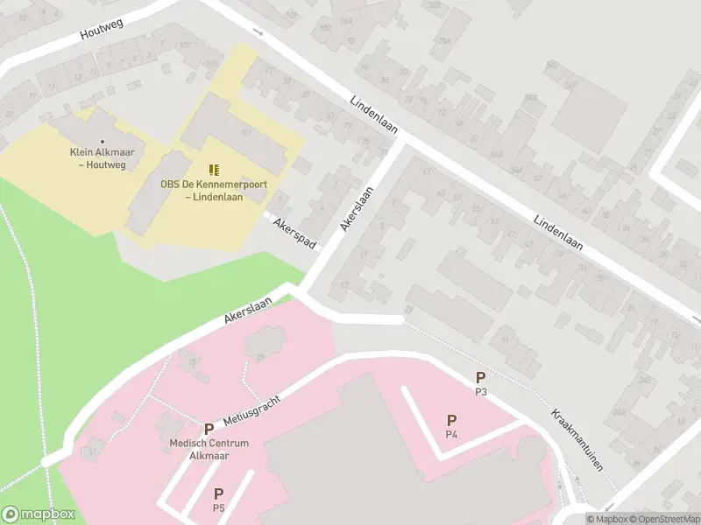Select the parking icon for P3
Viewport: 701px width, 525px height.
(x=480, y=377)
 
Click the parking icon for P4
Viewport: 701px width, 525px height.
(x=451, y=421)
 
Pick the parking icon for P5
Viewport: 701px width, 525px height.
(x=218, y=493)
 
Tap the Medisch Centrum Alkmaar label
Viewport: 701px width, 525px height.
(x=209, y=449)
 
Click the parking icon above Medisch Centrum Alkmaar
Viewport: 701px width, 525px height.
(x=209, y=429)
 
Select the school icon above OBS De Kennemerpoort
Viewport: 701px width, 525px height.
(x=214, y=169)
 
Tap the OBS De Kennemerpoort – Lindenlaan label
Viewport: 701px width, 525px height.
(x=214, y=191)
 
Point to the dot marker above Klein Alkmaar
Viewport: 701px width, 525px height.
(x=103, y=141)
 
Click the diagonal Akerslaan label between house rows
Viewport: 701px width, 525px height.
(x=358, y=210)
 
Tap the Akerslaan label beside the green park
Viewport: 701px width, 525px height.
(x=248, y=310)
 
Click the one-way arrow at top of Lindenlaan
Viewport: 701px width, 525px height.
(x=258, y=32)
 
